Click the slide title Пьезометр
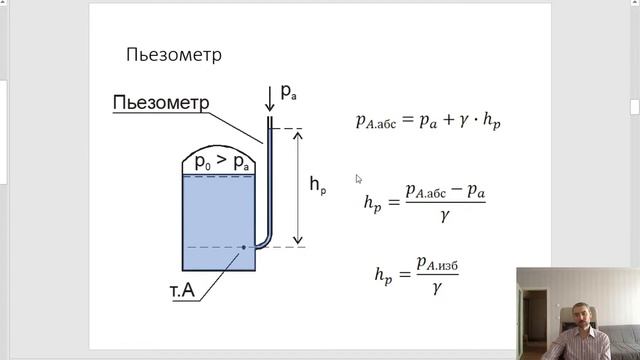coord(174,55)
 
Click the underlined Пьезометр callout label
coord(161,102)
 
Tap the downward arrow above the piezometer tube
coord(269,99)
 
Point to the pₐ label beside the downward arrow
coord(288,92)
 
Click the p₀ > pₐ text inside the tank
coord(222,161)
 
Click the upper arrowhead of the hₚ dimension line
coord(298,135)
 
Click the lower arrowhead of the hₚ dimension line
coord(298,240)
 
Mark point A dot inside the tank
coord(244,247)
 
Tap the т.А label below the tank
coord(182,291)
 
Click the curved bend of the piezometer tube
coord(264,242)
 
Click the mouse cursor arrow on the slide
coord(358,179)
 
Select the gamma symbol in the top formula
coord(464,120)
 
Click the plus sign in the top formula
coord(448,119)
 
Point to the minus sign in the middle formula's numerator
coord(456,189)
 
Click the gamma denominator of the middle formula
coord(445,215)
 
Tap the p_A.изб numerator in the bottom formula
coord(437,264)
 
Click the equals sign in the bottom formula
coord(404,274)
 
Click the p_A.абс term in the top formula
coord(376,121)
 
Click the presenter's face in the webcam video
coord(582,315)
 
